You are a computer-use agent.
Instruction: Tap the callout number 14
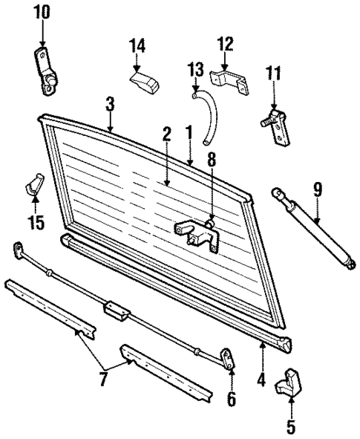(x=136, y=47)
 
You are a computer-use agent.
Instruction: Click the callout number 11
(x=275, y=74)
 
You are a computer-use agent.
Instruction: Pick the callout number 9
(x=317, y=190)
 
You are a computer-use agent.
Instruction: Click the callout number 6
(x=232, y=400)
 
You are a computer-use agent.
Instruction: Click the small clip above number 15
(x=33, y=184)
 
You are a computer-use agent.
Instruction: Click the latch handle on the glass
(x=197, y=235)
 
